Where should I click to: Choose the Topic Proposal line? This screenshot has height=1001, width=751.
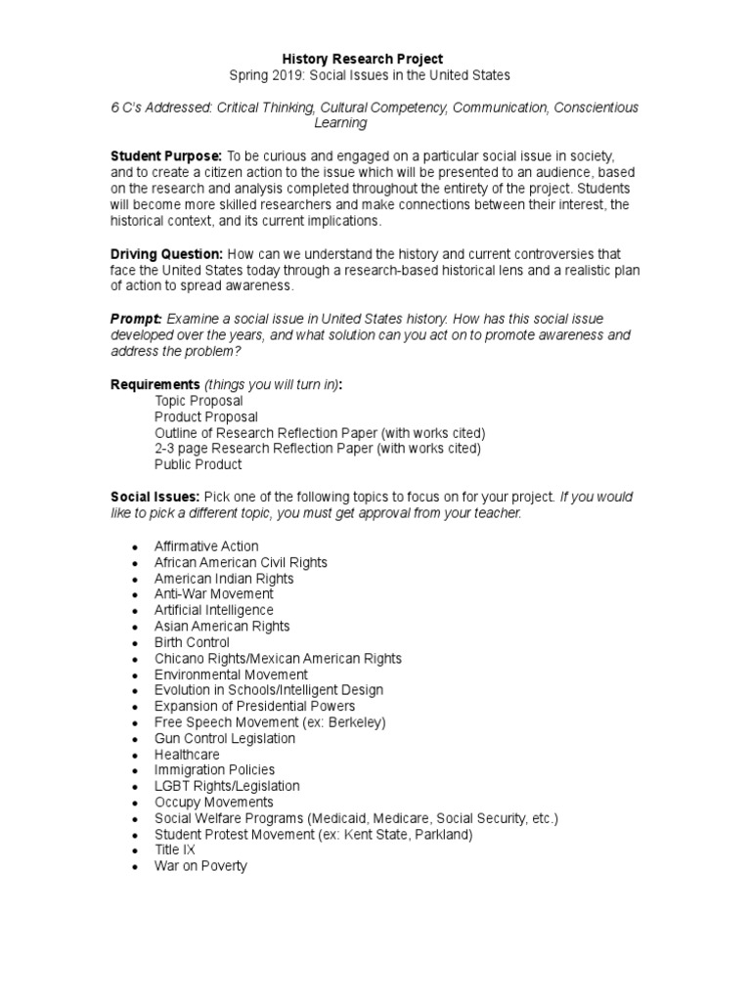199,401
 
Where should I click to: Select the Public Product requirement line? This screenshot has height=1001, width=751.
198,464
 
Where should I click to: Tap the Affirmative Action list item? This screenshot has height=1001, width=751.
206,545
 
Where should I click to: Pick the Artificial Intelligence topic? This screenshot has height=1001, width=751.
214,610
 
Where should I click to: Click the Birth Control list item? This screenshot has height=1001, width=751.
192,642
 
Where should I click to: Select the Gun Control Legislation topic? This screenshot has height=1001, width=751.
224,738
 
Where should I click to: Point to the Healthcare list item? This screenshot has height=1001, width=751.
187,755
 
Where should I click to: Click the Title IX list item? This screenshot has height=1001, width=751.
175,849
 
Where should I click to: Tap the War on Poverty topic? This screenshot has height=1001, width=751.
200,866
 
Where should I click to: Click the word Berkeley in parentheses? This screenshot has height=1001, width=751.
356,722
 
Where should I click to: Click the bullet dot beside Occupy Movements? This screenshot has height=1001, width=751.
132,804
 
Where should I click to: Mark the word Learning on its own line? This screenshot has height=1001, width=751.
340,123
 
